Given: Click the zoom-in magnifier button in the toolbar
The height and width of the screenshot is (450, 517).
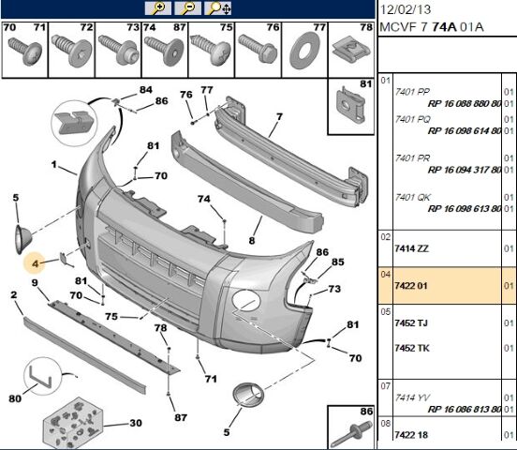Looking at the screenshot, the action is (x=158, y=7).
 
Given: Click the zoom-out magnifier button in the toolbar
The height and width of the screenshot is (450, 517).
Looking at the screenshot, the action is (x=187, y=7).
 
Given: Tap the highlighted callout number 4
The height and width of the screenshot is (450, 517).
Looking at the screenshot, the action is (x=36, y=263).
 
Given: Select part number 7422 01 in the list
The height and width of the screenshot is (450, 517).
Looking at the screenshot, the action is (x=411, y=286).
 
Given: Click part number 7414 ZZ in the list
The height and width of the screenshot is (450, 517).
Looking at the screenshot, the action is (x=412, y=248).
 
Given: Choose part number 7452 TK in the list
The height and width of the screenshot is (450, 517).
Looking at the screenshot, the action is (x=412, y=348).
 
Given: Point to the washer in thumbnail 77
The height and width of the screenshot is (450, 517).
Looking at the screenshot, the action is (x=304, y=51).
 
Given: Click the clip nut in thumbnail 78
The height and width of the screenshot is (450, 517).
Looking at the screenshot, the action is (x=351, y=51).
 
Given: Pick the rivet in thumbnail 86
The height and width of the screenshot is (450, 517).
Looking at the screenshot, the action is (x=351, y=434).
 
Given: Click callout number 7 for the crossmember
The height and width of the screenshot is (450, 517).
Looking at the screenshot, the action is (x=280, y=116).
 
